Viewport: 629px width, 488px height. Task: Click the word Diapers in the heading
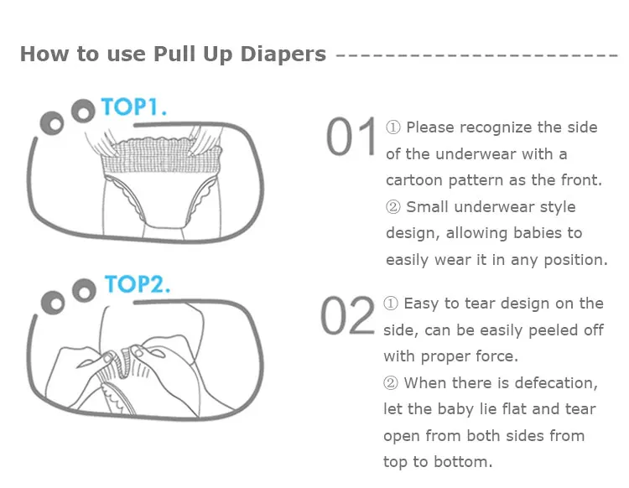point(283,55)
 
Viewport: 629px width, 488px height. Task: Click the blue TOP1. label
point(133,106)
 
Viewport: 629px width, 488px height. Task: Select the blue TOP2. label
point(138,284)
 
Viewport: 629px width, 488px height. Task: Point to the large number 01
point(351,137)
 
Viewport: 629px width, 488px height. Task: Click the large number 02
point(347,315)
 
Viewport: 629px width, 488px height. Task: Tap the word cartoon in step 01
point(414,180)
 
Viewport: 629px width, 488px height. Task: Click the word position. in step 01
point(575,260)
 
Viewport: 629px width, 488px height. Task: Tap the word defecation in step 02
point(556,383)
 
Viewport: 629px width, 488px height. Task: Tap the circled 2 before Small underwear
point(393,207)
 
